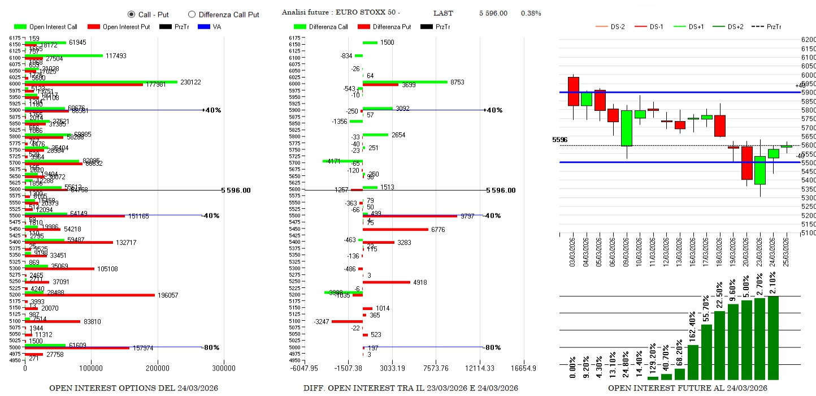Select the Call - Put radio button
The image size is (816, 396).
pos(131,14)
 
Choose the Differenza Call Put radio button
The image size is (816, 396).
pos(192,14)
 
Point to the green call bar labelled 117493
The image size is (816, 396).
pos(63,55)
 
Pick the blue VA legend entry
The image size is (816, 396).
pos(212,27)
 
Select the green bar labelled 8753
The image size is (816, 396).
pos(405,82)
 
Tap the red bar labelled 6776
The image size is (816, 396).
pos(395,229)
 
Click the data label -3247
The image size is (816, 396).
pos(322,321)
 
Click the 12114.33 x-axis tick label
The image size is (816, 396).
pos(480,368)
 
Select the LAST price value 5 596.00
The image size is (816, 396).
pos(493,13)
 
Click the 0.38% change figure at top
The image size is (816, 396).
pos(531,13)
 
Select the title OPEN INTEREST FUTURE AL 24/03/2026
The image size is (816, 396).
pos(687,388)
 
